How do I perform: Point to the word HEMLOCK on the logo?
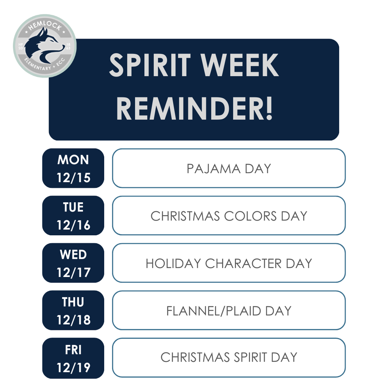(45, 23)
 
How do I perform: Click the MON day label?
(73, 160)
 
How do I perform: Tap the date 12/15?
(73, 177)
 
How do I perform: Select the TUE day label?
(73, 207)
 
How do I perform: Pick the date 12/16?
(73, 225)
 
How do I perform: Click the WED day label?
(73, 255)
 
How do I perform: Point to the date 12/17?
(73, 272)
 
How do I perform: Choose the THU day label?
(73, 302)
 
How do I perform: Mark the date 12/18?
(73, 320)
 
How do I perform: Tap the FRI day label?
(73, 349)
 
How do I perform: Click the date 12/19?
(73, 367)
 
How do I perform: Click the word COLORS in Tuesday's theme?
(250, 216)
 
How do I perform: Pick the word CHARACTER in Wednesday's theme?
(243, 263)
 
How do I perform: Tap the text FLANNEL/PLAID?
(214, 311)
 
